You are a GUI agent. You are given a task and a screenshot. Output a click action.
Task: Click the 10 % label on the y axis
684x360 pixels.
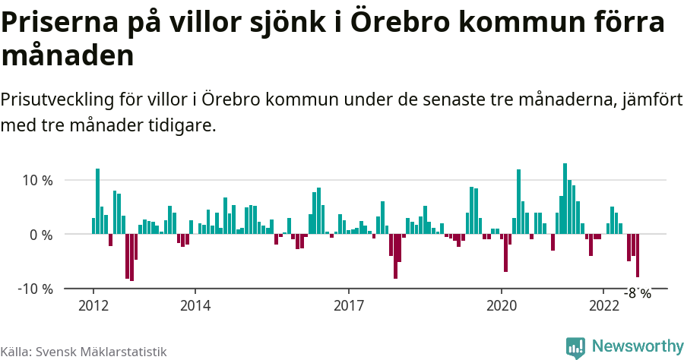tap(36, 181)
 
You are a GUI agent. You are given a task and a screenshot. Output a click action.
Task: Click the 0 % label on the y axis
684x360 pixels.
tap(41, 235)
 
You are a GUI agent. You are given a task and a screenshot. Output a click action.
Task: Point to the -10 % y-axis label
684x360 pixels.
tap(35, 289)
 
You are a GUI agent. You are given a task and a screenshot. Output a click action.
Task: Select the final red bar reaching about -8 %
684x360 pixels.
tap(638, 256)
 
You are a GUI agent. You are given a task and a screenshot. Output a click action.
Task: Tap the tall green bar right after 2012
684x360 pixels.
tap(97, 201)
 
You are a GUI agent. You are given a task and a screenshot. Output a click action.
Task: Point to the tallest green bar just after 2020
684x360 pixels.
tap(518, 202)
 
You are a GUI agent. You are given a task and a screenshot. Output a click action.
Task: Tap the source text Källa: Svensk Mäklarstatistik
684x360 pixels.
tap(83, 352)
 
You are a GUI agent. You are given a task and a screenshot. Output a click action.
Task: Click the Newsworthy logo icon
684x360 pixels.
tap(575, 347)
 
